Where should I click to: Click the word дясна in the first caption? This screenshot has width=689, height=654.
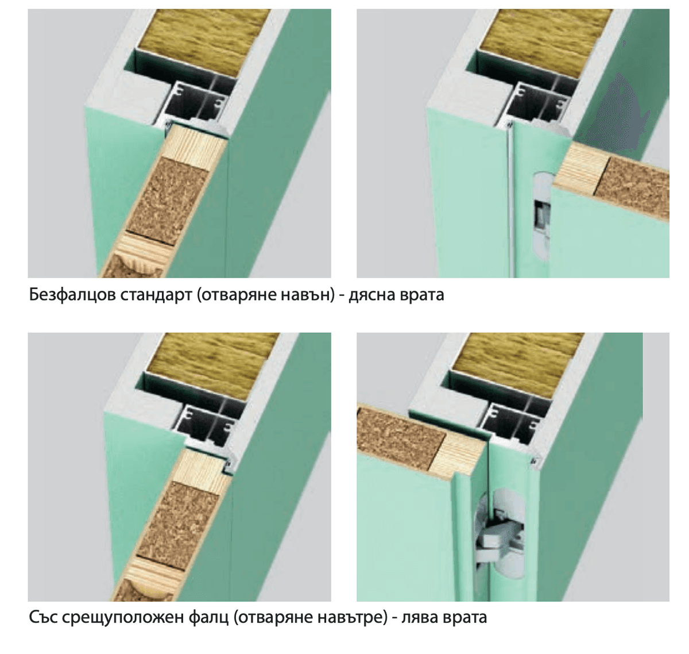pyautogui.click(x=376, y=295)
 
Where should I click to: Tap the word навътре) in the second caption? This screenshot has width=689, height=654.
pyautogui.click(x=351, y=618)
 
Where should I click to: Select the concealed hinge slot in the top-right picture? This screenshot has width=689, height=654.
pyautogui.click(x=540, y=213)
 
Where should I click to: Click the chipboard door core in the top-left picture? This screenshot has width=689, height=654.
pyautogui.click(x=167, y=195)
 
